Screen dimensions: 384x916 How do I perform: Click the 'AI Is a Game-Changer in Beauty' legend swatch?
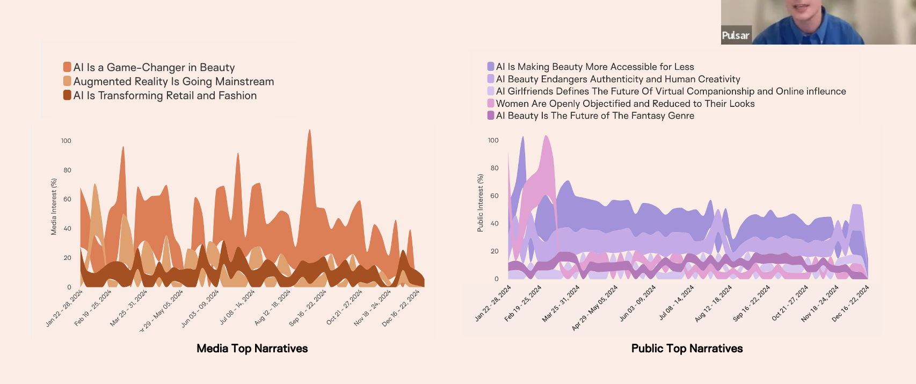tap(67, 67)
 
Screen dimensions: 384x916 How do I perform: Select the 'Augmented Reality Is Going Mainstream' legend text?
tap(173, 82)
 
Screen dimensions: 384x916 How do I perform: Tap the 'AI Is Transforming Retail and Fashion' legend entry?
tap(165, 96)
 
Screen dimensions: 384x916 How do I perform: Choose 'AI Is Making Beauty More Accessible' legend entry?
tap(594, 67)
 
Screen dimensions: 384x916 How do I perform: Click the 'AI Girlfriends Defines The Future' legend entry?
tap(671, 91)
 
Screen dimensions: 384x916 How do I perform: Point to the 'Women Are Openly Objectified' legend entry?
tap(625, 104)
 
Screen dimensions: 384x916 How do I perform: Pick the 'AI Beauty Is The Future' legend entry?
tap(594, 115)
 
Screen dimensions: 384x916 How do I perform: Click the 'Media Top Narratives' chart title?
tap(252, 349)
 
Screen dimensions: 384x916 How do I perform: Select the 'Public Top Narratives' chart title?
tap(687, 349)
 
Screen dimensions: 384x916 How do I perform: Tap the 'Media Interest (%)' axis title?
tap(54, 207)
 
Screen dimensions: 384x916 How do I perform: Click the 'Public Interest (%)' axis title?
tap(480, 203)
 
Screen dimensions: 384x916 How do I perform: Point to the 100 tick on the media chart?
tap(66, 141)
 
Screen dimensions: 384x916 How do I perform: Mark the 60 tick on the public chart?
tap(494, 196)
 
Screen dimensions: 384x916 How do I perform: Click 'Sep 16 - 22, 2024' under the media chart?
tap(308, 308)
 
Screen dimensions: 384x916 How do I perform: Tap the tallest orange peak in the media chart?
tap(309, 132)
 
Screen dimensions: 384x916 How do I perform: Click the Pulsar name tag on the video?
tap(735, 35)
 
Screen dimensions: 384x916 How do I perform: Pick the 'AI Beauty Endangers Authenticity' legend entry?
tap(617, 79)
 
